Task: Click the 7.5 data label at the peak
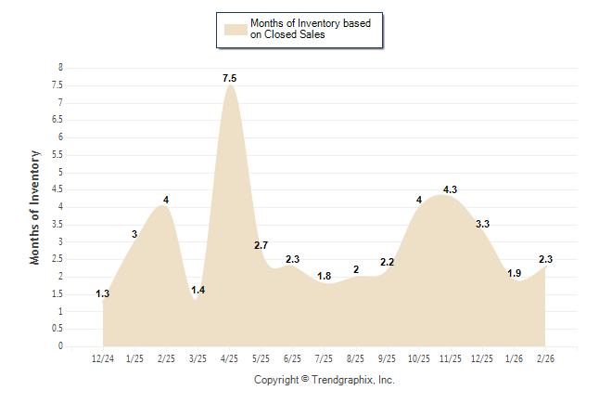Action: tap(230, 78)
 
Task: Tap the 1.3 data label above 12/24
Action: tap(103, 294)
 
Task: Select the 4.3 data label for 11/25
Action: tap(451, 189)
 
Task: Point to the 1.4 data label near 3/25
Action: tap(198, 291)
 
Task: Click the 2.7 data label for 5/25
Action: tap(261, 245)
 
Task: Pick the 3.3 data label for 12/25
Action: tap(482, 224)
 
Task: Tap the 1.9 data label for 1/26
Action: tap(514, 273)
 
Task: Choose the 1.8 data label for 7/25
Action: tap(325, 276)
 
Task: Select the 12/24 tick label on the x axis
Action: tap(103, 358)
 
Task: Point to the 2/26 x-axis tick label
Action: tap(545, 358)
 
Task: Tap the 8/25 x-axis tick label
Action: tap(356, 358)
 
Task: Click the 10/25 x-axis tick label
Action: tap(419, 358)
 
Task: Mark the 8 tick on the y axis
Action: tap(60, 68)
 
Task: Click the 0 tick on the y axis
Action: tap(60, 346)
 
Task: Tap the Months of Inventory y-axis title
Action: tap(35, 207)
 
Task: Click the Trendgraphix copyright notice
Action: tap(325, 380)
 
